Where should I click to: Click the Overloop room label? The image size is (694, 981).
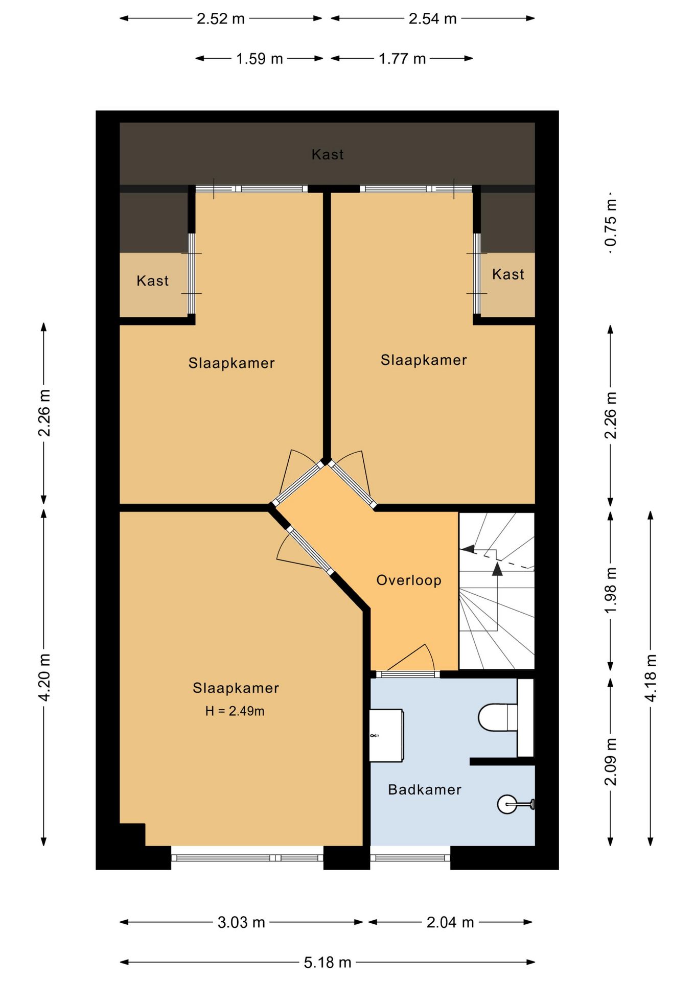409,580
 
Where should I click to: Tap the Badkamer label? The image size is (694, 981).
425,789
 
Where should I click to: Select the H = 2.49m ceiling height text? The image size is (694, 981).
235,711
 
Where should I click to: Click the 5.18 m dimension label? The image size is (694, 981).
328,963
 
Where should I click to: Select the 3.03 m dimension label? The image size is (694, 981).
241,922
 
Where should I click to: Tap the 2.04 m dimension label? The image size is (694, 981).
450,922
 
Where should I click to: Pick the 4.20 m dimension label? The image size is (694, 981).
44,677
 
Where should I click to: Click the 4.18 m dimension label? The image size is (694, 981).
651,678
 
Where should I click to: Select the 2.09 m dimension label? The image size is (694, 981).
611,761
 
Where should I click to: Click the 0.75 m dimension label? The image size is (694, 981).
611,223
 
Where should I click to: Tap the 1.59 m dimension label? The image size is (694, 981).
259,59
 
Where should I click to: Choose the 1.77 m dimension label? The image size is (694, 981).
402,59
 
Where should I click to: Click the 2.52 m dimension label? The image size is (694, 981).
221,19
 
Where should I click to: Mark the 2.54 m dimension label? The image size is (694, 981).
432,19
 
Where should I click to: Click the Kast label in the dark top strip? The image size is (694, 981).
328,154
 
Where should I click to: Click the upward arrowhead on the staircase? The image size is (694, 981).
497,569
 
